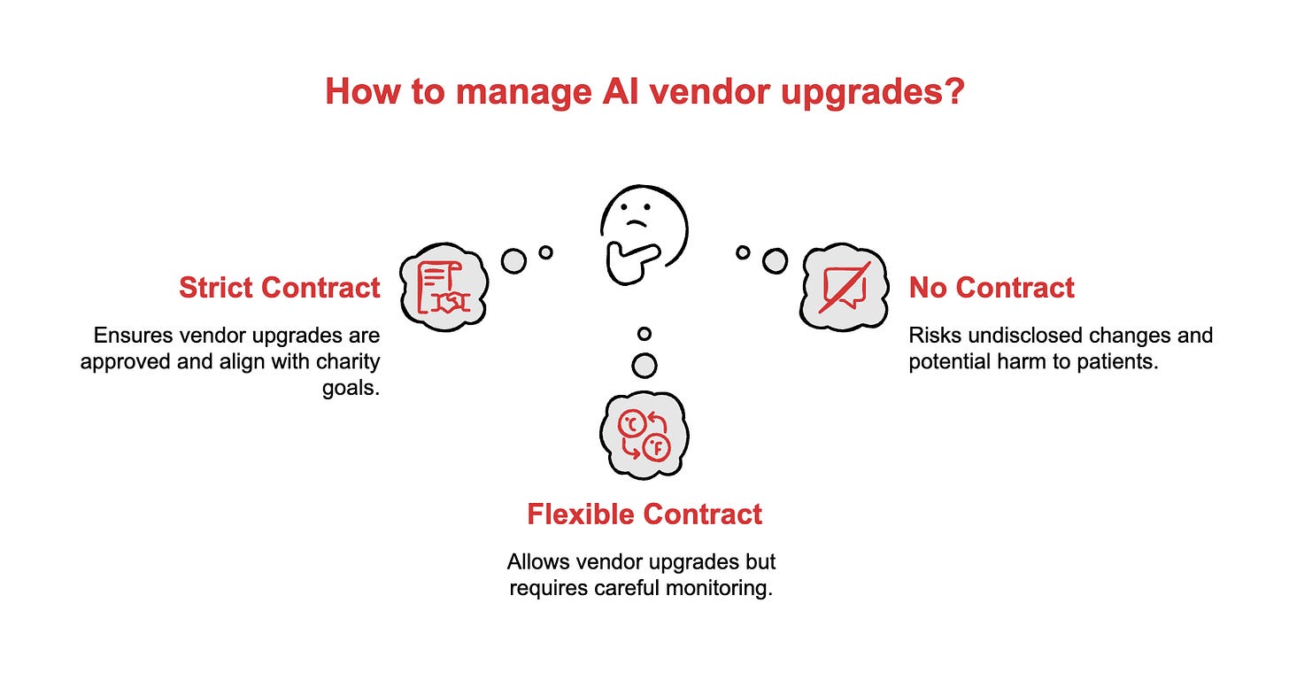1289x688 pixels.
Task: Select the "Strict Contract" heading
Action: tap(280, 288)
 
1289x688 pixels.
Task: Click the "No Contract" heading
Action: tap(992, 288)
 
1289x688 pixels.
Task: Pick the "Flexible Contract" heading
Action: tap(644, 514)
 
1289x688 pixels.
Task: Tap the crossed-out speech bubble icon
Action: tap(845, 287)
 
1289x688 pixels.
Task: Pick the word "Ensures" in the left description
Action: tap(127, 336)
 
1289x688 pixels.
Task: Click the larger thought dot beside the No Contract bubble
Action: tap(775, 260)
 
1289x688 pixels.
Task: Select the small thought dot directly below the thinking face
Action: tap(644, 334)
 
